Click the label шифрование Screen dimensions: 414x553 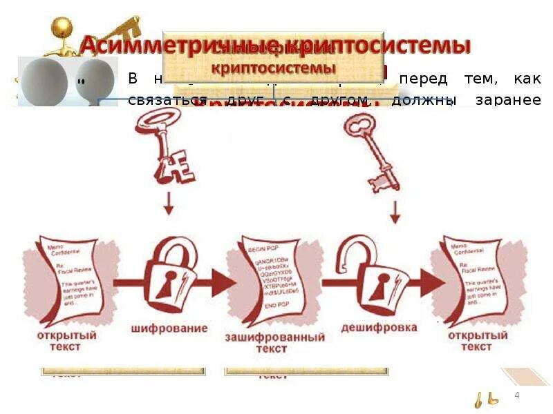(x=169, y=329)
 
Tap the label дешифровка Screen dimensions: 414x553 (x=379, y=328)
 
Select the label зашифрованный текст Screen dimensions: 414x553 (x=274, y=343)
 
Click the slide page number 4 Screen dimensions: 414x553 (x=516, y=394)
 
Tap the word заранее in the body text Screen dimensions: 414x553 (x=512, y=100)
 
